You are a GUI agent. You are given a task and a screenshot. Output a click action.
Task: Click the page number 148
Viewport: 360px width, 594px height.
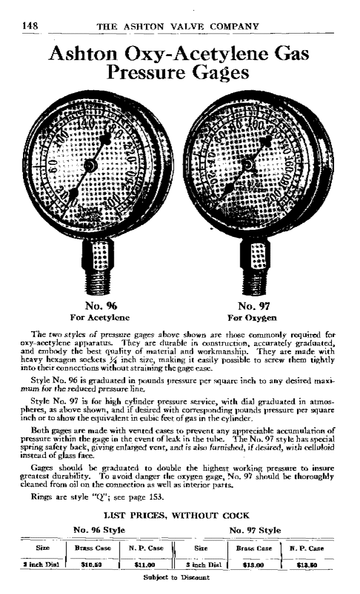(30, 26)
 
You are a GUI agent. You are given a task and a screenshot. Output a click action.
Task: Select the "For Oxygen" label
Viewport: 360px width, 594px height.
(254, 317)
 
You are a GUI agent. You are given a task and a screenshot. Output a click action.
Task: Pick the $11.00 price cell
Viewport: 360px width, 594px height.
(142, 564)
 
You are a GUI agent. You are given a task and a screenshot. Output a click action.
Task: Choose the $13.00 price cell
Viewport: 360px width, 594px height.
(253, 564)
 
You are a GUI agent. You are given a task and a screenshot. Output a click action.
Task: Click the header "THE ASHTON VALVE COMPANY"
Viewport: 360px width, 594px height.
(177, 26)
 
